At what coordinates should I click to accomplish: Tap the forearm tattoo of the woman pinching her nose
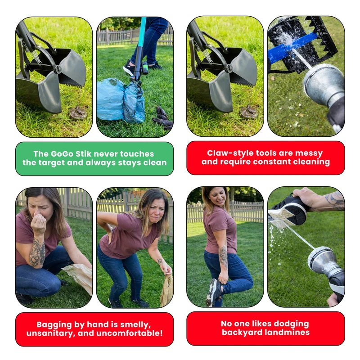37,252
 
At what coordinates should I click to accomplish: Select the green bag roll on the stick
145,68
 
